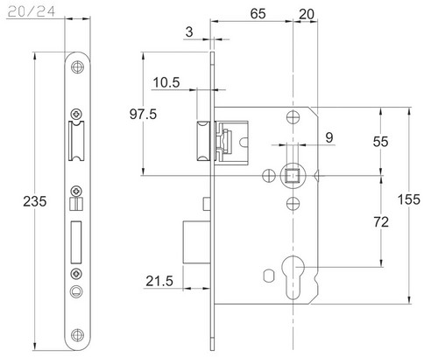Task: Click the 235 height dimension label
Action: coord(35,201)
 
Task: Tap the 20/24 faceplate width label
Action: coord(32,12)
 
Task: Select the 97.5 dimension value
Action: coord(143,114)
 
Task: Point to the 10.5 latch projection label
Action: coord(166,82)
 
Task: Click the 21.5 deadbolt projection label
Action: coord(159,281)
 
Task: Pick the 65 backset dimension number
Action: coord(258,14)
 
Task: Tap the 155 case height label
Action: coord(409,199)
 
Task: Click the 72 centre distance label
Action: coord(381,222)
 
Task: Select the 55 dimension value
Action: coord(381,142)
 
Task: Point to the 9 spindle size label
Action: coord(329,137)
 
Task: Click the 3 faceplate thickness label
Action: coord(189,31)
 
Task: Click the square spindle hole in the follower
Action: coord(293,176)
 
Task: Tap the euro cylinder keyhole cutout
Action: coord(293,277)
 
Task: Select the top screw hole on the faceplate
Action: coord(77,67)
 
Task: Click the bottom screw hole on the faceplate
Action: coord(77,335)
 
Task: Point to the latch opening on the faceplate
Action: coord(76,141)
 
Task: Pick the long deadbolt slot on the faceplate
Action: coord(76,241)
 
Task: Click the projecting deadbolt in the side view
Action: coord(196,242)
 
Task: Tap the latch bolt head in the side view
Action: coord(203,141)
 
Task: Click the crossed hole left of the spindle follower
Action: coord(269,176)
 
